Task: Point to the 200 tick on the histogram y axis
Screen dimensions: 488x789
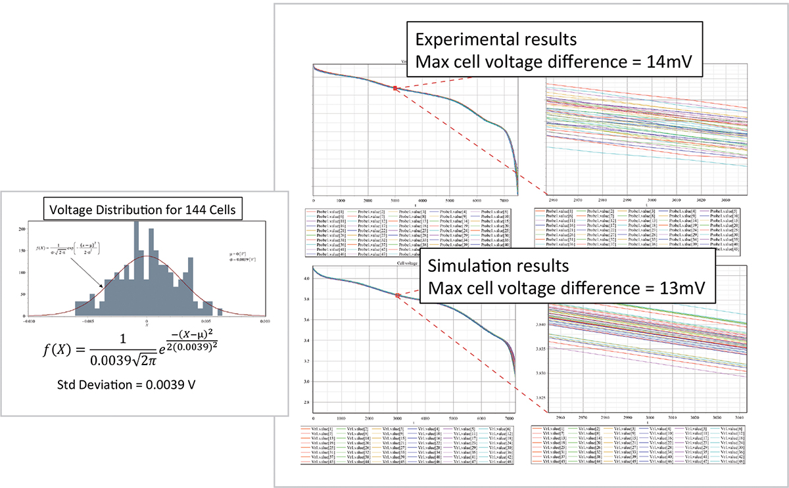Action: click(x=24, y=229)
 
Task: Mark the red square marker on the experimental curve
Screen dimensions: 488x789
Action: click(x=395, y=88)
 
